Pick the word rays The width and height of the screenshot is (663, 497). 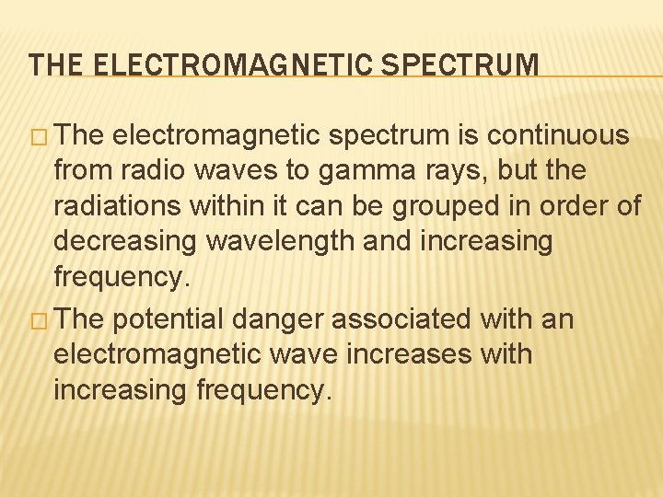[434, 171]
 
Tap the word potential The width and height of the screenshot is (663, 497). [173, 319]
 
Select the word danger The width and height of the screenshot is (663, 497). [280, 319]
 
